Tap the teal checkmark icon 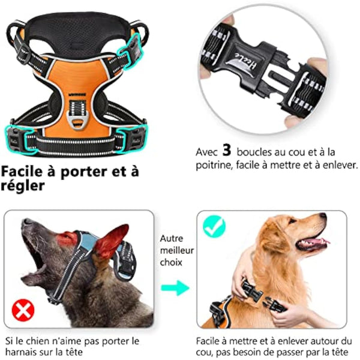click(214, 226)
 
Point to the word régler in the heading click(22, 187)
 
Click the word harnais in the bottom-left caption click(23, 353)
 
